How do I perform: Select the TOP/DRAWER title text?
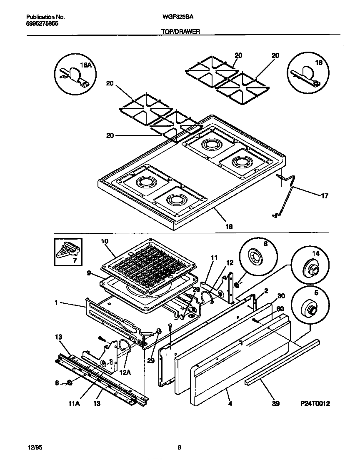pos(180,31)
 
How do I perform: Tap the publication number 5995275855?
pos(42,24)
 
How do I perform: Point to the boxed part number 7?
pos(68,252)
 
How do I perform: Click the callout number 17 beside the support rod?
pos(325,195)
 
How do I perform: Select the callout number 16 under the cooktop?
pos(228,227)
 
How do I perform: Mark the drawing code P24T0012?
pos(315,403)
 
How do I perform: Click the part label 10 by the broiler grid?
pos(105,241)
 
